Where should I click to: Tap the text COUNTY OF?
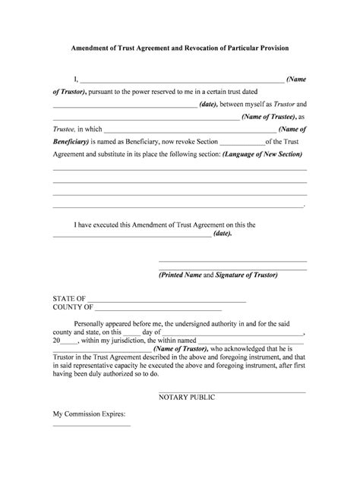tap(73, 308)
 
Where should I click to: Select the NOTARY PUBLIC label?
tap(187, 398)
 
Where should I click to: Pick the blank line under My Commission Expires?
tap(91, 426)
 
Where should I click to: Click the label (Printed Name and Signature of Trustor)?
tap(219, 275)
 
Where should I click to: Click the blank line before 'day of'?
tap(131, 332)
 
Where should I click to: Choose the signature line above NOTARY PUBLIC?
tap(232, 390)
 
